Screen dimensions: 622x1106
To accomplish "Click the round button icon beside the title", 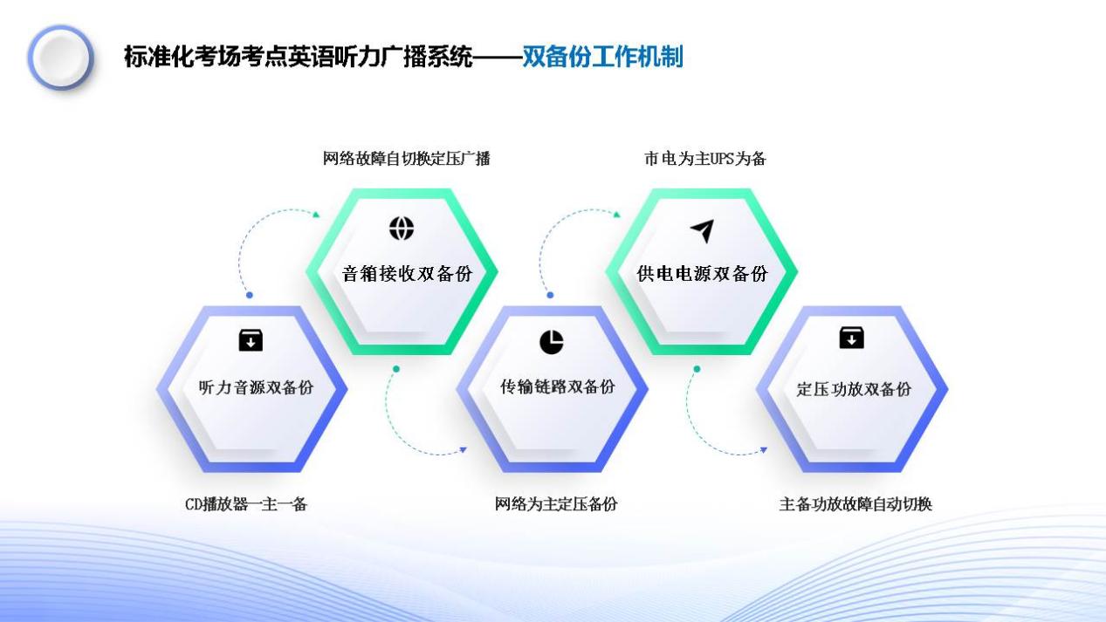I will click(x=60, y=58).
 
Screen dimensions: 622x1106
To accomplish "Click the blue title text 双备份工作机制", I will click(x=602, y=58).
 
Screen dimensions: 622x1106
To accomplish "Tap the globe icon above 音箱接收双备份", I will click(x=402, y=229).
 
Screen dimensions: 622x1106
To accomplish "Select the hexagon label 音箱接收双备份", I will click(x=407, y=273).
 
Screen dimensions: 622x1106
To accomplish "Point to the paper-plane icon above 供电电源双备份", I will click(x=702, y=230).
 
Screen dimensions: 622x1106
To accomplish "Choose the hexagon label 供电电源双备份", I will click(x=703, y=273).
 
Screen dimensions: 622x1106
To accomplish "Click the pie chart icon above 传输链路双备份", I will click(x=551, y=343).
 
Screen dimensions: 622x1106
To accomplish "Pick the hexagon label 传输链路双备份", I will click(x=557, y=386).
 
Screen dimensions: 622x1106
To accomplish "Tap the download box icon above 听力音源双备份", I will click(x=251, y=340).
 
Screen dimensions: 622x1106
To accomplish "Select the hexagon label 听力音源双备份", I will click(x=256, y=387).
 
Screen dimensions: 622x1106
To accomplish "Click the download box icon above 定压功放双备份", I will click(x=851, y=338).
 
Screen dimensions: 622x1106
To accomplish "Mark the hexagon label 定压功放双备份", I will click(x=854, y=389).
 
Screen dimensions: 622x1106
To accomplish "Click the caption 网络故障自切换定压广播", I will click(x=406, y=159).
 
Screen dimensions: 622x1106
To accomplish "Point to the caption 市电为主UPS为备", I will click(x=704, y=159).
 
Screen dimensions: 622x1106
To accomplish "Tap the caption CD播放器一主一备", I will click(x=246, y=503).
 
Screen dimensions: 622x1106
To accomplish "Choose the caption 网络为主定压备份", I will click(x=556, y=503).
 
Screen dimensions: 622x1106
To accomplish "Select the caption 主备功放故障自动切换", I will click(x=855, y=503).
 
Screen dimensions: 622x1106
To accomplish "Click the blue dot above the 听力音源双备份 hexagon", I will click(x=250, y=295).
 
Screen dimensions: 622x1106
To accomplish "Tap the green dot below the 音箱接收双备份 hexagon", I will click(x=396, y=369).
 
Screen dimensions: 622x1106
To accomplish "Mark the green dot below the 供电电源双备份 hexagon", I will click(x=697, y=369).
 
